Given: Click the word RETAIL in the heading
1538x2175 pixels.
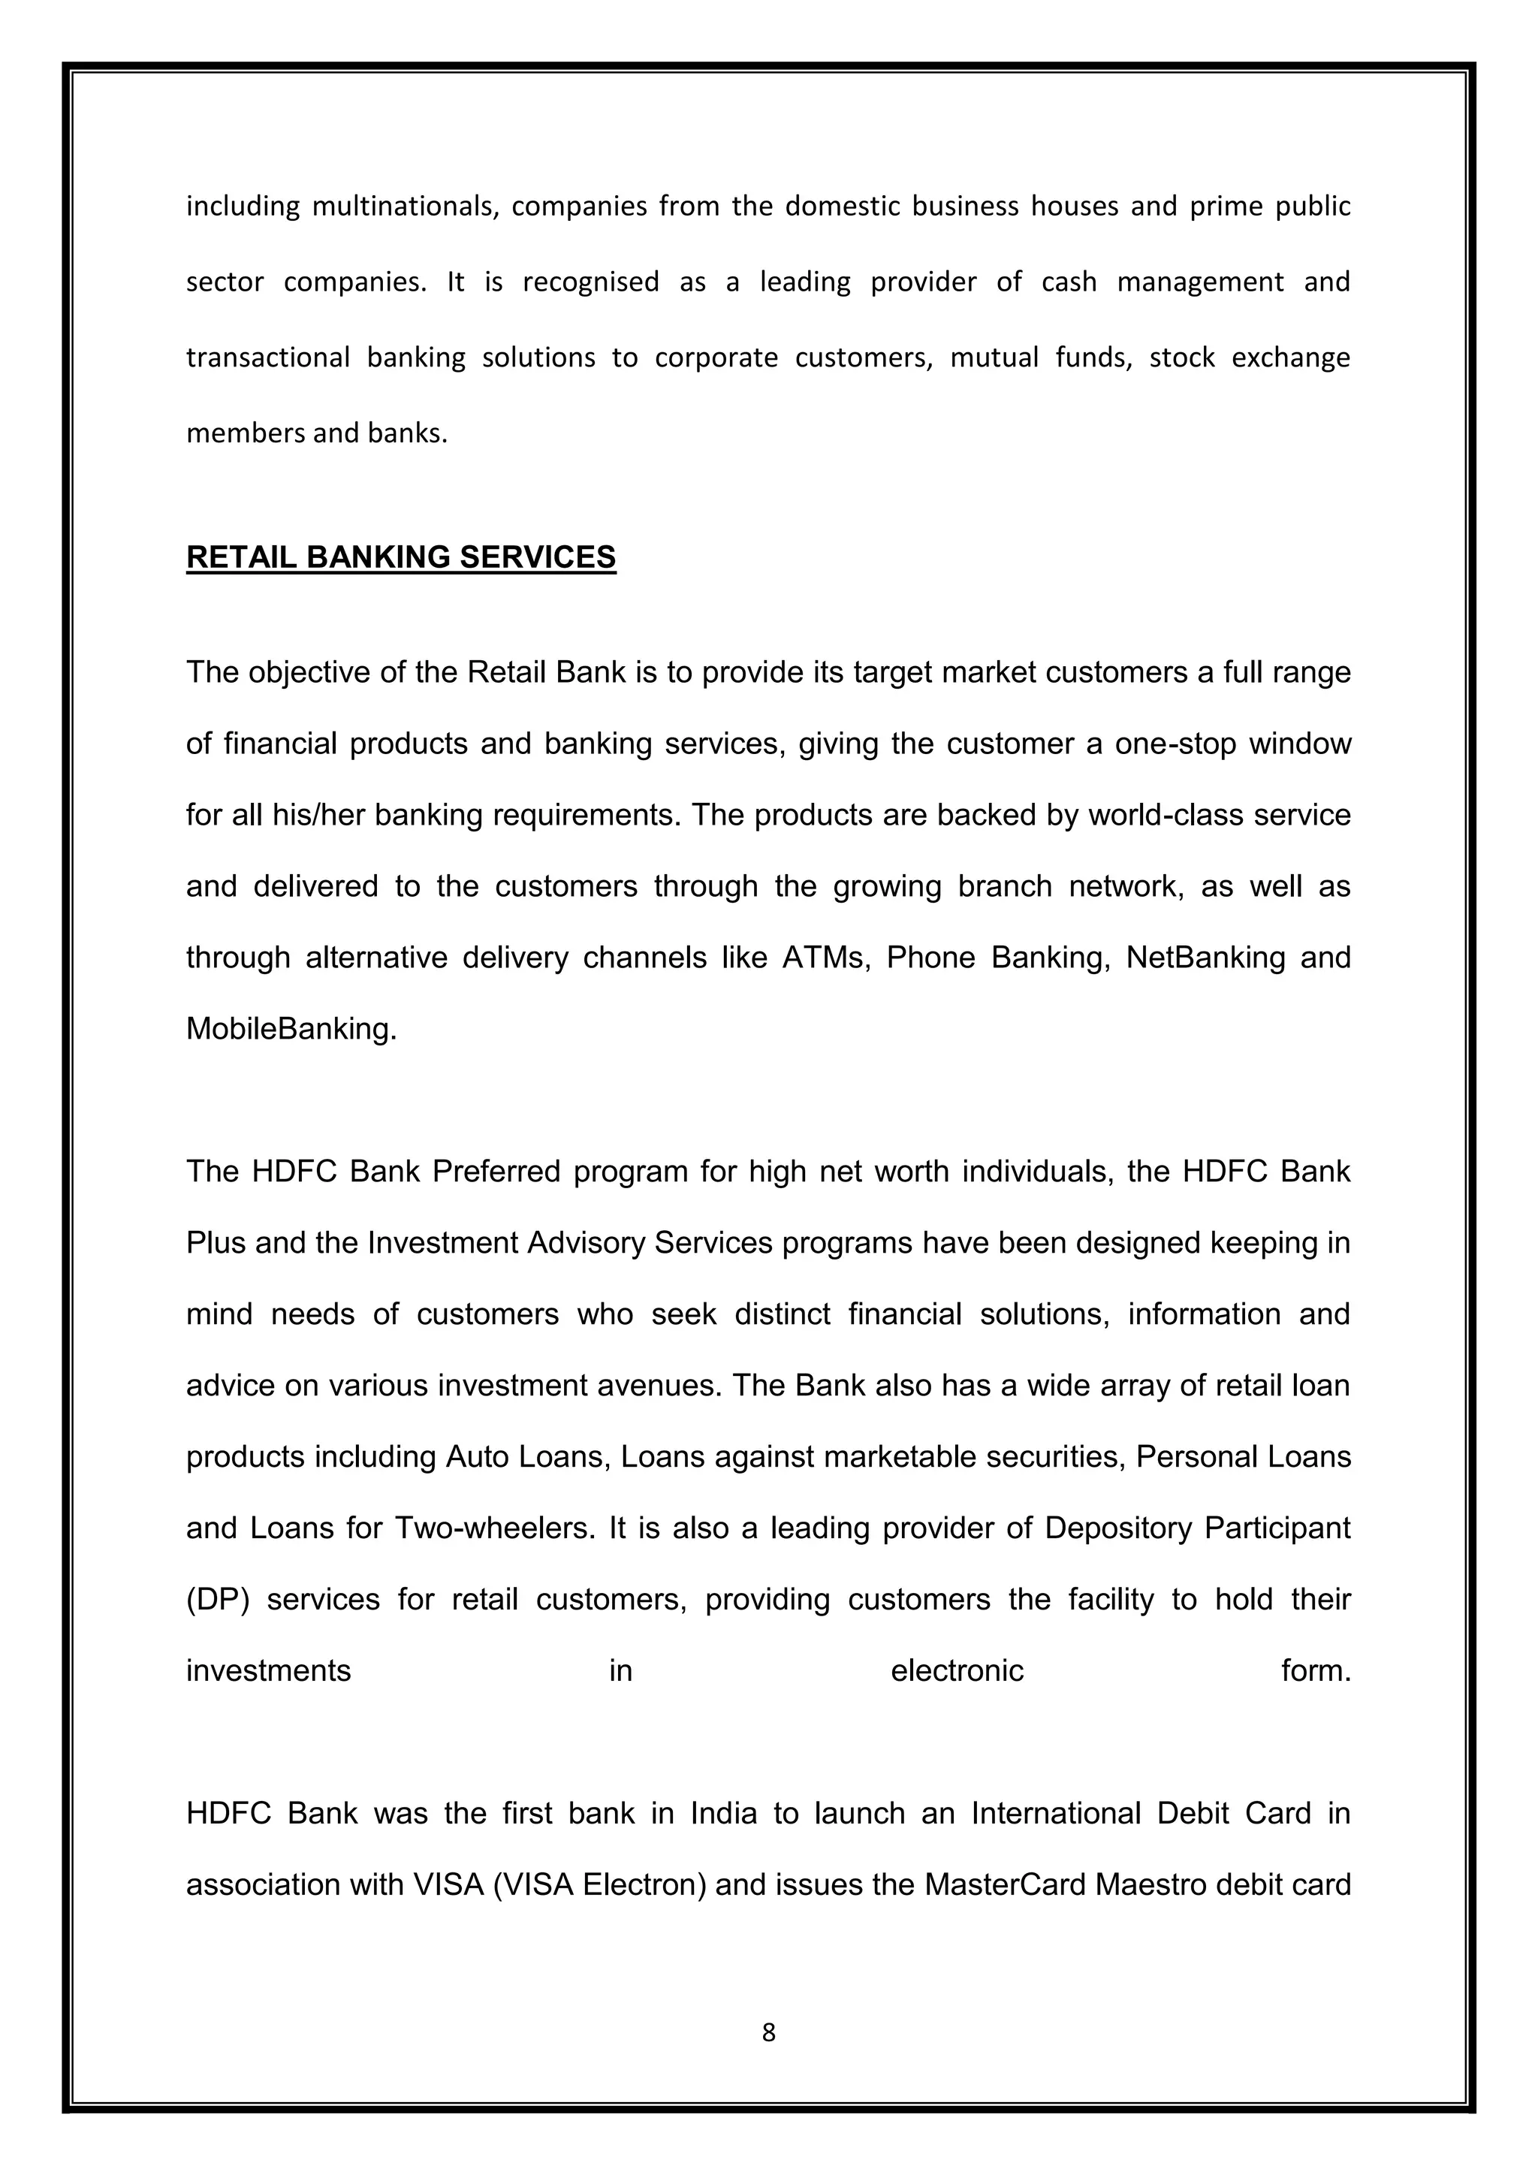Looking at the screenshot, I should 242,557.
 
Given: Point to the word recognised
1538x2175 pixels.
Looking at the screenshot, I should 590,282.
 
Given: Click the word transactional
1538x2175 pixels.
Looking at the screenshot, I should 267,357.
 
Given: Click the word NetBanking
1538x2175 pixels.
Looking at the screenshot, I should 1204,958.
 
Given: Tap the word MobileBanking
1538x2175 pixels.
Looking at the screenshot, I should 291,1029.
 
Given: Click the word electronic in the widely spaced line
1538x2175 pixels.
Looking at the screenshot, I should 957,1670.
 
